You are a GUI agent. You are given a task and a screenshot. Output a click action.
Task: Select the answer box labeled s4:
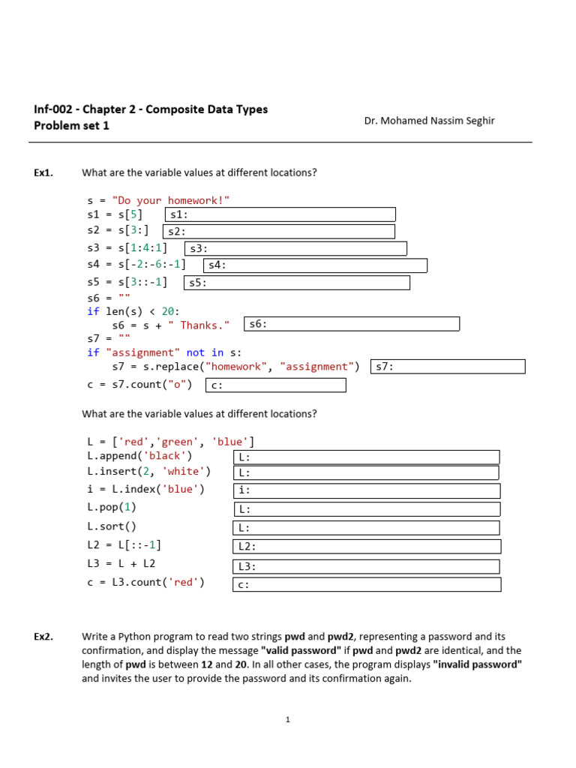coord(315,265)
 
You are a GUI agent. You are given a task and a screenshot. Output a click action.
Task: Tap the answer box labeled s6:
coord(351,324)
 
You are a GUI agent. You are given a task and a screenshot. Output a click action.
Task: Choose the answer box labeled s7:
coord(448,366)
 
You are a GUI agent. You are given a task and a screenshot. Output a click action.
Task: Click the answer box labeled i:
coord(367,490)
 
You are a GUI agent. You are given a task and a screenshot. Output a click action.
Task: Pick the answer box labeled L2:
coord(367,547)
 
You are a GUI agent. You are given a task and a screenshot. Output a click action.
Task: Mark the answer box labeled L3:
coord(367,566)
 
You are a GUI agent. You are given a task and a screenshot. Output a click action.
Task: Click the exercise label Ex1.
coord(43,172)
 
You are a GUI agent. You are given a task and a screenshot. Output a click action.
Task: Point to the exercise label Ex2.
coord(43,637)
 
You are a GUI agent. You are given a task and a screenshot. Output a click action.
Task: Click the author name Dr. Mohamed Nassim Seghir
coord(429,121)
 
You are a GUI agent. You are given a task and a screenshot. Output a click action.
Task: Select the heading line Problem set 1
coord(71,125)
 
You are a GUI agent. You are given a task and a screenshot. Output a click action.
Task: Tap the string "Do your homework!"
coord(171,200)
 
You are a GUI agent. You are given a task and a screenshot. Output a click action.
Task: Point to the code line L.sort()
coord(112,526)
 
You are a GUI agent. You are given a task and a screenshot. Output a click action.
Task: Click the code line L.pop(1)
coord(112,508)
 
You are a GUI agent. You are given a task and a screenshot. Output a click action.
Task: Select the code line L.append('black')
coord(139,456)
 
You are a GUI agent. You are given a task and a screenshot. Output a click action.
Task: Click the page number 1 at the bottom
coord(287,720)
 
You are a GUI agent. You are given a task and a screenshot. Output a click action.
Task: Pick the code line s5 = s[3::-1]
coord(127,282)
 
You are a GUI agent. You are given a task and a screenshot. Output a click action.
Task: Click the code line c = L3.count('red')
coord(145,582)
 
